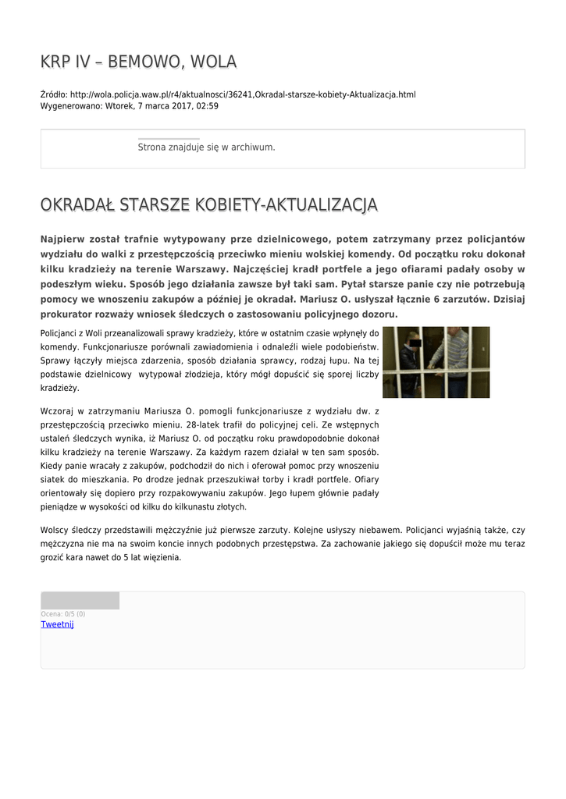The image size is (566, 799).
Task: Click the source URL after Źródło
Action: [x=243, y=94]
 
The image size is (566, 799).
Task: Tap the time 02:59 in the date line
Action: [x=207, y=106]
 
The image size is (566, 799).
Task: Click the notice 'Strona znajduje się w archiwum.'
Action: [x=206, y=147]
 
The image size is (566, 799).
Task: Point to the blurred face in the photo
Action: [x=411, y=341]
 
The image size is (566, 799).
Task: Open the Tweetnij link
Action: [x=57, y=624]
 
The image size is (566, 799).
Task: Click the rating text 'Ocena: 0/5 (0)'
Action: [x=63, y=614]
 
